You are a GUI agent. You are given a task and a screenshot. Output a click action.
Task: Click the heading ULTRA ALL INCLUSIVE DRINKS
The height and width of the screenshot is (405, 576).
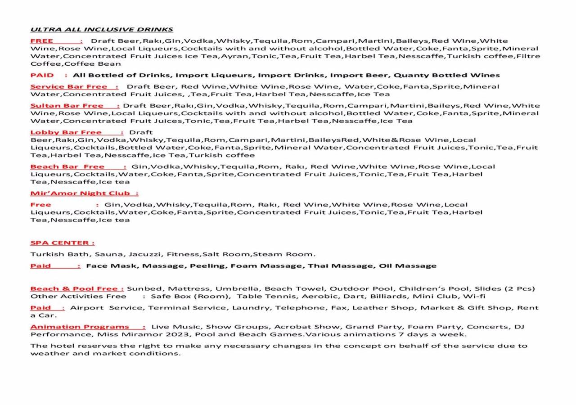[102, 30]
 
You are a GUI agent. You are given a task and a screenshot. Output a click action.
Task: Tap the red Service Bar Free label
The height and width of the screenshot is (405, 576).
[69, 86]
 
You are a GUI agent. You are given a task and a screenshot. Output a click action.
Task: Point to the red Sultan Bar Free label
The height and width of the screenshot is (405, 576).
[67, 106]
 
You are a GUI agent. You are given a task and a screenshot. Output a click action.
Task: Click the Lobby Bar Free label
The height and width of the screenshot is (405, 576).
[66, 132]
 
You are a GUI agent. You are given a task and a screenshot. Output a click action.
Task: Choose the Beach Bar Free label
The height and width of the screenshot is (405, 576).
[67, 166]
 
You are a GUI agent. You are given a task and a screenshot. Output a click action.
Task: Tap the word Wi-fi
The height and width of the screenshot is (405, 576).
[474, 296]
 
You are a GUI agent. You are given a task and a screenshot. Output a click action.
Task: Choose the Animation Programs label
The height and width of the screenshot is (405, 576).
[80, 327]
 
